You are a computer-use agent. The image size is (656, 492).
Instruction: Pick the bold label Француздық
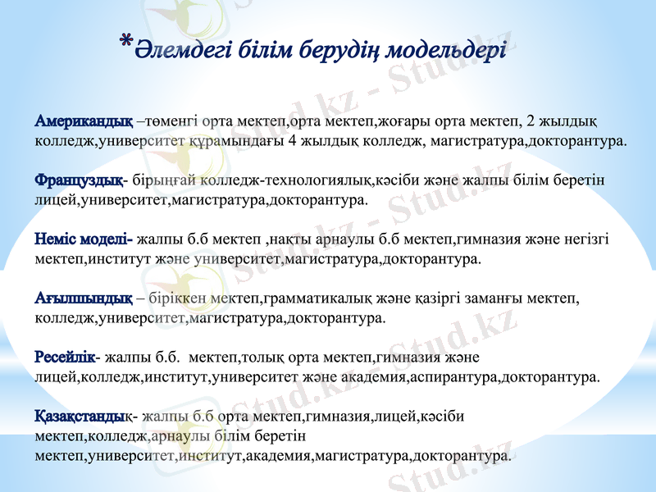pos(80,180)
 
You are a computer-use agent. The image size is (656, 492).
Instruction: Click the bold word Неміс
pos(55,239)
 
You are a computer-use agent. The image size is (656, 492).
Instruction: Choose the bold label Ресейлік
pos(65,358)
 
